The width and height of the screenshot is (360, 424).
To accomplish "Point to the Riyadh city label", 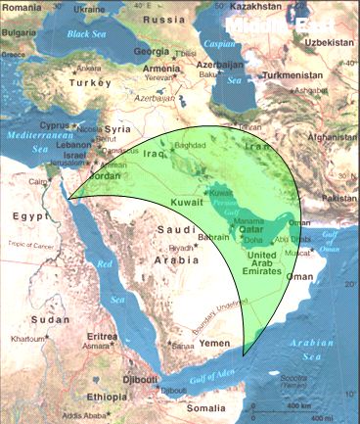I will (182, 248).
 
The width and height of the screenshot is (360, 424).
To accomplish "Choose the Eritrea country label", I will (103, 337).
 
